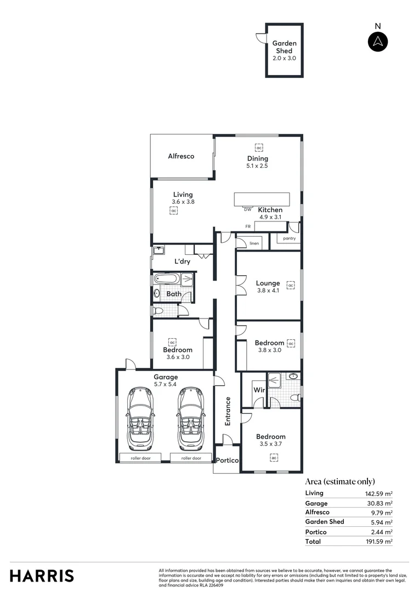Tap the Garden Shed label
[x=284, y=47]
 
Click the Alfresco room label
[x=181, y=156]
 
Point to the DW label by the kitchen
[x=247, y=209]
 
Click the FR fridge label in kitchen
[x=248, y=226]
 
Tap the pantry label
[x=289, y=238]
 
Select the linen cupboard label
[x=254, y=243]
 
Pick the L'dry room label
[x=182, y=262]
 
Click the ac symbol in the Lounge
[x=291, y=286]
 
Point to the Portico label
[x=227, y=460]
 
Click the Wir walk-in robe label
[x=259, y=390]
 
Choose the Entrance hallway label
[x=228, y=411]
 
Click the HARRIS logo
[x=42, y=576]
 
